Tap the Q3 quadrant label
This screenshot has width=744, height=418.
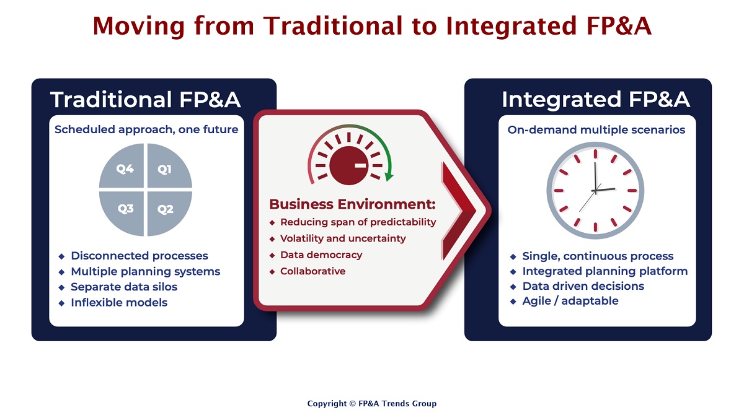tap(125, 209)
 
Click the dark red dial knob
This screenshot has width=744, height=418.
tap(348, 165)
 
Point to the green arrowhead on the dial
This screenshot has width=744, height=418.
tap(389, 177)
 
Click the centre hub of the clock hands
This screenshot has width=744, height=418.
tap(595, 191)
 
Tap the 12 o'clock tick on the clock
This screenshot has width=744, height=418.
tap(596, 154)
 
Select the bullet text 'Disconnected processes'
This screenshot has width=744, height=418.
tap(139, 256)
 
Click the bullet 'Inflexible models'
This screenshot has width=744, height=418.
tap(119, 303)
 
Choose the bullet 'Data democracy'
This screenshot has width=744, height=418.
tap(321, 255)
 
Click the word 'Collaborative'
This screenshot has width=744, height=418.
tap(313, 271)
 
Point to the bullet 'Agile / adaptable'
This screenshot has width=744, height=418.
tap(570, 301)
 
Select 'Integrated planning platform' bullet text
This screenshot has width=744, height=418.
tap(605, 271)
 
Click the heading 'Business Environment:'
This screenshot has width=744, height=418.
tap(352, 204)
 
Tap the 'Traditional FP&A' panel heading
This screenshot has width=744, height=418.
tap(146, 99)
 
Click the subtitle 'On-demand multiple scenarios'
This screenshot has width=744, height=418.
tap(596, 129)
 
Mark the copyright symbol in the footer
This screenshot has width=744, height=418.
tap(352, 404)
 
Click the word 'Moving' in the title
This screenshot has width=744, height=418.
tap(138, 26)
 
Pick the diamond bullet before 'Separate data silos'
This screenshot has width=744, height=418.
tap(61, 287)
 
